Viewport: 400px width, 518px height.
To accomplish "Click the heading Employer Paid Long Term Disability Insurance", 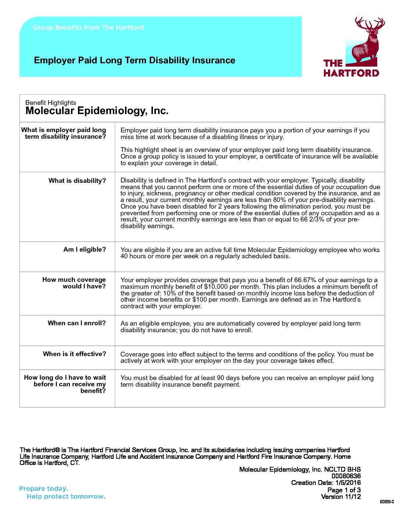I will tap(135, 60).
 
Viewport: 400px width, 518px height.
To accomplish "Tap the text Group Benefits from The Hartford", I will tap(88, 28).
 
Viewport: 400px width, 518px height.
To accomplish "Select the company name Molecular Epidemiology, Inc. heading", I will tap(97, 111).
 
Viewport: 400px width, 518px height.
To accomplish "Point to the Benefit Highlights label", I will tap(51, 103).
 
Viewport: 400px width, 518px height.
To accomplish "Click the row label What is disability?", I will tap(77, 181).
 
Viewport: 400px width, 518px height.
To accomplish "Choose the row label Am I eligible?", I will tap(85, 249).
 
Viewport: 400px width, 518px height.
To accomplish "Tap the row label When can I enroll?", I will tap(76, 323).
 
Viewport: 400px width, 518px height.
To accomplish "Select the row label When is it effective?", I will tap(74, 354).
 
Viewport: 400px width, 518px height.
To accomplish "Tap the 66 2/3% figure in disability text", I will tap(333, 220).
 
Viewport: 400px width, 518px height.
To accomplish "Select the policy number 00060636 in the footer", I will tap(346, 476).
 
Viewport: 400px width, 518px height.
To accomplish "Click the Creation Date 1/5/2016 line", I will tap(326, 483).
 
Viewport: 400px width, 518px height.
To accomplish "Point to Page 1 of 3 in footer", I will tap(344, 490).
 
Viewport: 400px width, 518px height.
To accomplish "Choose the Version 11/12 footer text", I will tap(341, 497).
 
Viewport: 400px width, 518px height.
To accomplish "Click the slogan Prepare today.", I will tap(43, 489).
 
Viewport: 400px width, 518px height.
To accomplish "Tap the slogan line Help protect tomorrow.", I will tap(66, 496).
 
